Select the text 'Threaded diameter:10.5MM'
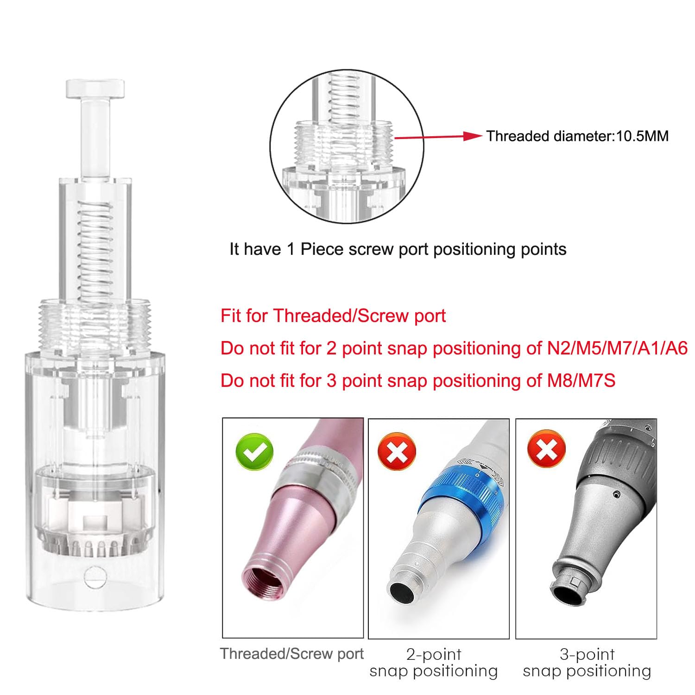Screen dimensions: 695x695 click(577, 136)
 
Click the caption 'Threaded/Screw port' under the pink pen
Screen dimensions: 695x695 click(292, 654)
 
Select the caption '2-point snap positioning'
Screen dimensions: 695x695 click(434, 663)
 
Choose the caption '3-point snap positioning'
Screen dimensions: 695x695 click(587, 663)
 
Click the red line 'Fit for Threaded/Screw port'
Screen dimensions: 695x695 click(333, 316)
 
